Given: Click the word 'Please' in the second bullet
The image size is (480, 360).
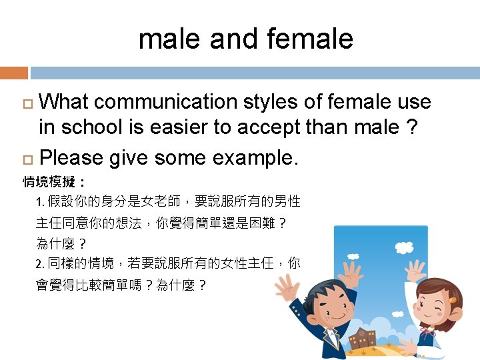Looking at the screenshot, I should tap(71, 158).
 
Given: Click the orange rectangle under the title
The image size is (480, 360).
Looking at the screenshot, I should tap(13, 73).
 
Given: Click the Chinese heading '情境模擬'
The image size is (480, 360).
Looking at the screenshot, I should tap(50, 181).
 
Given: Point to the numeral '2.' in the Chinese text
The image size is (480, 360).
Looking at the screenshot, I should tap(41, 263).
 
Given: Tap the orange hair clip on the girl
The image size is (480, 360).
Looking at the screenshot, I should tap(453, 300).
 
